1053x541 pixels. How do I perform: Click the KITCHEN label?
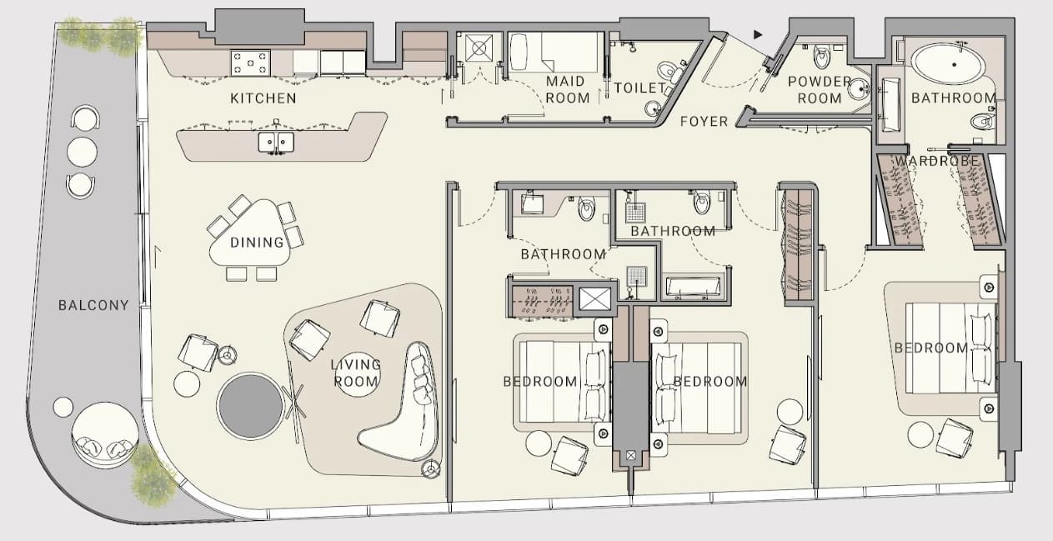263,98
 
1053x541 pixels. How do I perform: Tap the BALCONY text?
93,306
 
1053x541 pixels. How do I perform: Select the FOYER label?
704,122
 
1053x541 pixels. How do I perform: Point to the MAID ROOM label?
568,90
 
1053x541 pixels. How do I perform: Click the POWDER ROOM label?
820,90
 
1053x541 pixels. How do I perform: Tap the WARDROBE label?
936,161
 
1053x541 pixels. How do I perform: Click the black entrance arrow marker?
758,34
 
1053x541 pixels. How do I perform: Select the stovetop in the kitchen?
250,63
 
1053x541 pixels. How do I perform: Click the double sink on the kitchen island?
276,142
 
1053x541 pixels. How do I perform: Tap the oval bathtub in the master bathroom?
947,64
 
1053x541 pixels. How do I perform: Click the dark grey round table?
251,405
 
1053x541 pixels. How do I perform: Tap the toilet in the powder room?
821,57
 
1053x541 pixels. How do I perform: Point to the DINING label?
257,243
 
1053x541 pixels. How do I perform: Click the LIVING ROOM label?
356,373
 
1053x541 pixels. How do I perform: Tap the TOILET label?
639,88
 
